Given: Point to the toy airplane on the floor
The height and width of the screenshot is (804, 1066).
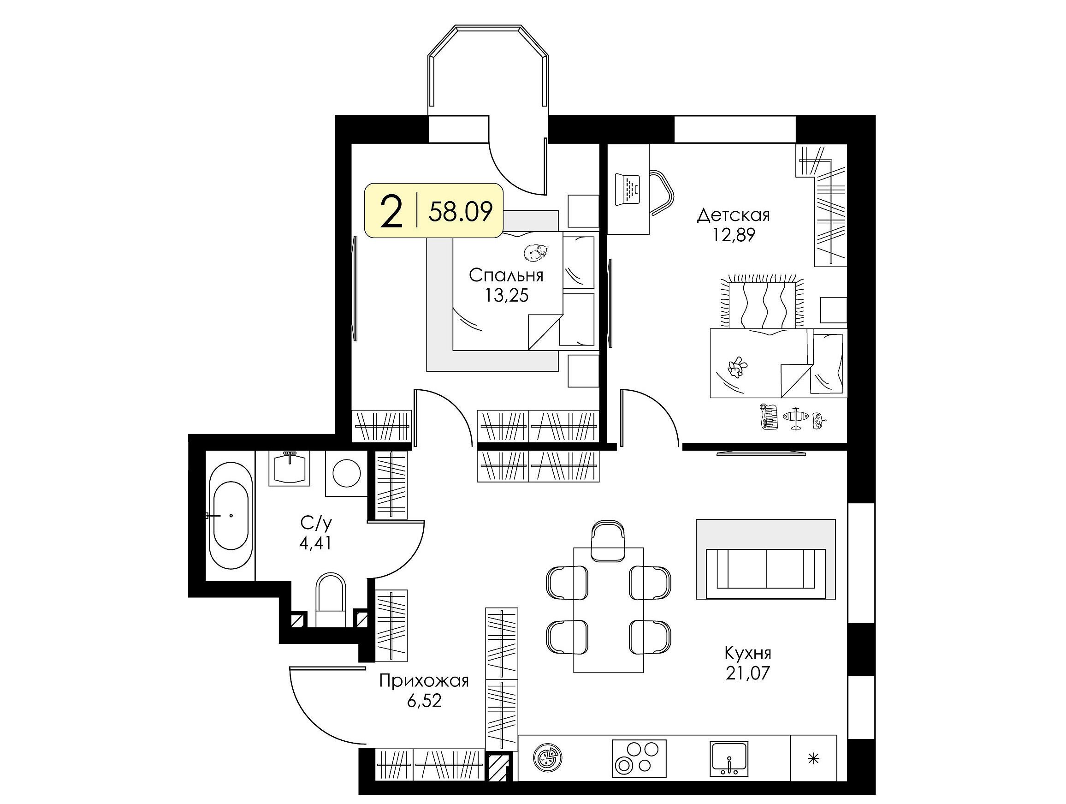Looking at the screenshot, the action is pos(794,417).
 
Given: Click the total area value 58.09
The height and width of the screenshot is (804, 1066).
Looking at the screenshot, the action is pos(461,212).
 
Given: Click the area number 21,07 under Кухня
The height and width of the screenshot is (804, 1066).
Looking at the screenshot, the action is pos(747,673).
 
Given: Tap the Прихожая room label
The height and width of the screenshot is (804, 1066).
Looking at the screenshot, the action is pos(424,681).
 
